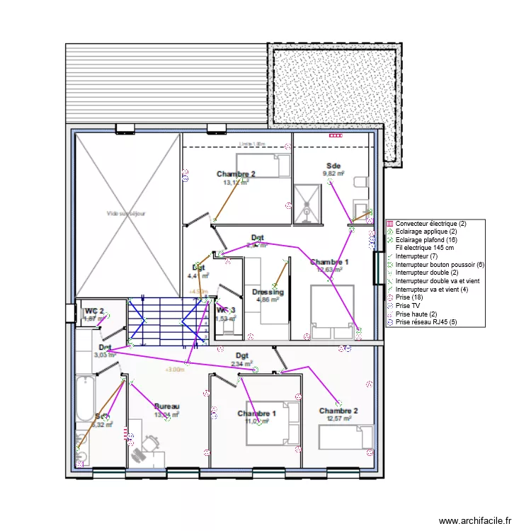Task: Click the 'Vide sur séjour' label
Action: click(x=127, y=213)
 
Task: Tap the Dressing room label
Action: click(x=268, y=292)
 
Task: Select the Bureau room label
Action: click(x=166, y=406)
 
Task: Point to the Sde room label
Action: click(x=333, y=165)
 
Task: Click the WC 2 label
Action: click(x=94, y=311)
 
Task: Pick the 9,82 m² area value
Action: click(x=333, y=173)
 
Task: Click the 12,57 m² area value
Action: click(x=338, y=418)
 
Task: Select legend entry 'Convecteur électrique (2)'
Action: click(x=430, y=224)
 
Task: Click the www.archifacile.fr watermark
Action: click(x=474, y=520)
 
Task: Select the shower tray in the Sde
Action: click(x=307, y=204)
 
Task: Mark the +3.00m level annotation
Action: click(x=175, y=369)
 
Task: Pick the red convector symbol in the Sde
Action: click(x=334, y=135)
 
